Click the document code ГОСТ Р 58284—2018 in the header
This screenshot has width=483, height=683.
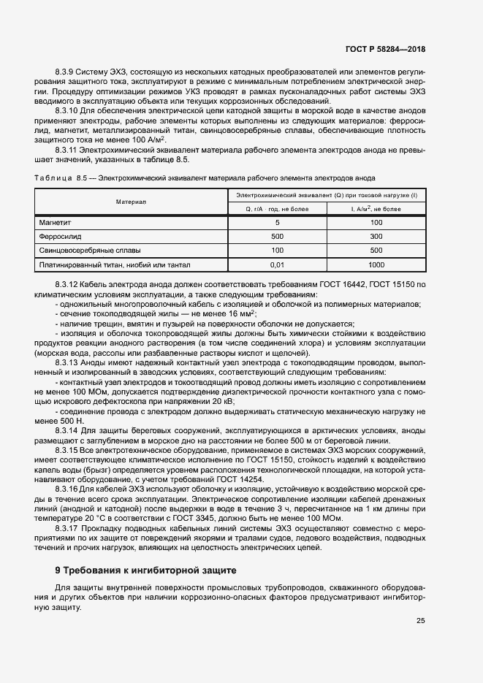tap(384, 50)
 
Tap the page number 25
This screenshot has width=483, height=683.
tap(421, 621)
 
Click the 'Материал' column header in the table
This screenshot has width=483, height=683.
tap(131, 202)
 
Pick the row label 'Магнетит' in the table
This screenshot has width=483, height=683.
tap(55, 221)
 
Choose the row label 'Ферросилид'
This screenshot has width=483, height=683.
tap(60, 237)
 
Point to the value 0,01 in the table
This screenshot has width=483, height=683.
tap(277, 266)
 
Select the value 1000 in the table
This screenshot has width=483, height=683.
tap(376, 266)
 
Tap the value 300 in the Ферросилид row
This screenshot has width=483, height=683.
tap(376, 237)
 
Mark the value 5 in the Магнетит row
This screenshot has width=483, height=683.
tap(277, 221)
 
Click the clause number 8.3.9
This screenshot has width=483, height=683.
tap(66, 72)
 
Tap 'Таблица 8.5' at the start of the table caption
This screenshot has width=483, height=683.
tap(60, 178)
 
